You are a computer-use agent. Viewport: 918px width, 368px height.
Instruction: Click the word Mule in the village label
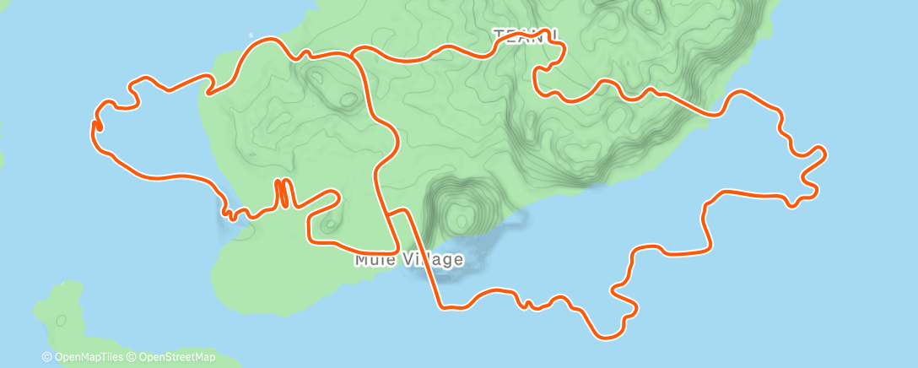(x=372, y=259)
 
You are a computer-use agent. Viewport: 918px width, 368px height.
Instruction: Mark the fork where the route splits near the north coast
(x=353, y=55)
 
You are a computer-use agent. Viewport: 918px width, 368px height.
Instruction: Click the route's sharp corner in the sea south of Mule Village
(x=440, y=306)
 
